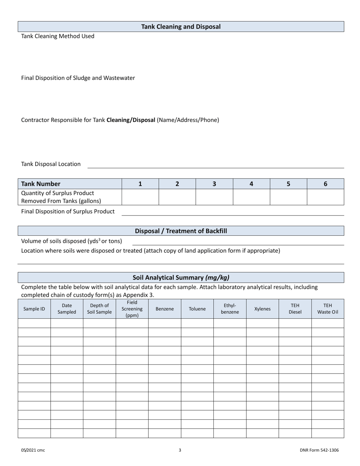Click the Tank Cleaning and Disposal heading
[181, 27]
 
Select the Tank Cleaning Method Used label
[58, 36]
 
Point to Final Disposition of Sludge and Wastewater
[78, 78]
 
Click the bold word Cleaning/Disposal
[131, 120]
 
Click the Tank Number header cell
[70, 184]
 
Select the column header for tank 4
[251, 184]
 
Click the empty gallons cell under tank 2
[177, 197]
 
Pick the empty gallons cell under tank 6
[325, 197]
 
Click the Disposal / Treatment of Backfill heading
[181, 231]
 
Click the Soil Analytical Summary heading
[181, 277]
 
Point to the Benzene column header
[164, 309]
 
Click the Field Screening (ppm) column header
[132, 309]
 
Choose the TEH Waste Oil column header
[327, 309]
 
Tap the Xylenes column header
[262, 309]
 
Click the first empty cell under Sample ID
[34, 323]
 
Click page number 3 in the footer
[180, 450]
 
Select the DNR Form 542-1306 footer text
[319, 450]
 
